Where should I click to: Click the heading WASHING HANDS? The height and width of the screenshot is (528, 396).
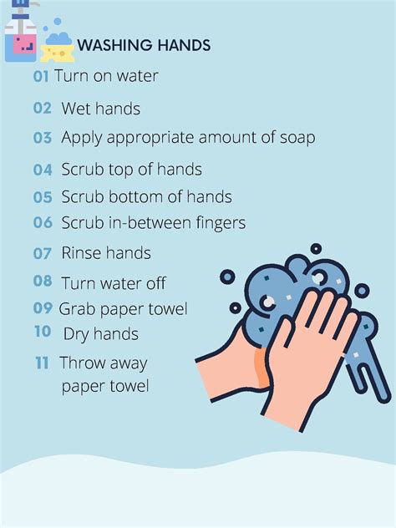coord(144,45)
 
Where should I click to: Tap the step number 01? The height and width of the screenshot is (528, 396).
coord(41,76)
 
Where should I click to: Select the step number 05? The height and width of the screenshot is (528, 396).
coord(43,197)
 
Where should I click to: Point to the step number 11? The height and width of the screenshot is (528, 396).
coord(42,363)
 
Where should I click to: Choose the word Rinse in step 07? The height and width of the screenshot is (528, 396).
coord(82,252)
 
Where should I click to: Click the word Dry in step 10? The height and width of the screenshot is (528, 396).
coord(78,334)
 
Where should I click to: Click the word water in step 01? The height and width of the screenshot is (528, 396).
coord(135,76)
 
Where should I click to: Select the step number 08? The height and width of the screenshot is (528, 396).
coord(43,282)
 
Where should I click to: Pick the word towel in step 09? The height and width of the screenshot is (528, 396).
coord(167,309)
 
